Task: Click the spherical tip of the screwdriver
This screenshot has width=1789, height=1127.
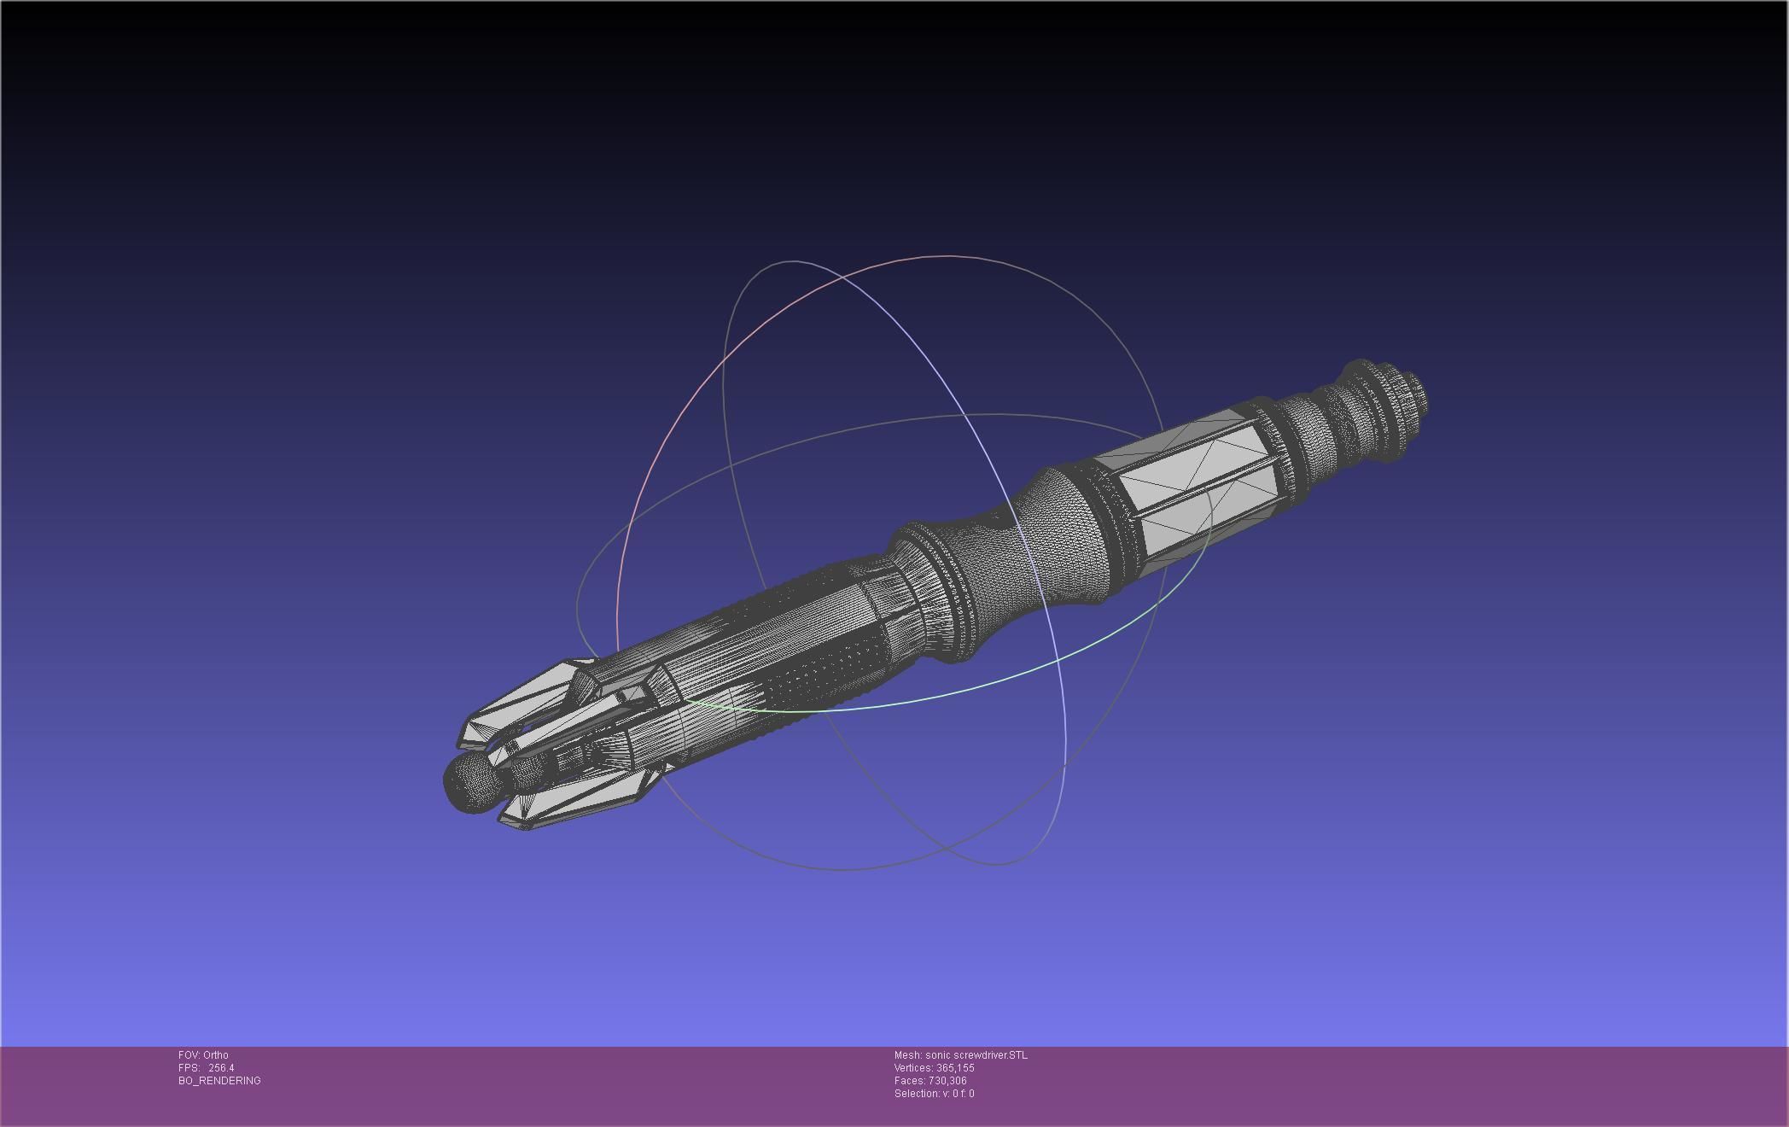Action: pyautogui.click(x=470, y=781)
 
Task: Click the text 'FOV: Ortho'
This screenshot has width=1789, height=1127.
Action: pyautogui.click(x=203, y=1055)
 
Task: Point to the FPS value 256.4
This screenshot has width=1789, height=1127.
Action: pyautogui.click(x=221, y=1068)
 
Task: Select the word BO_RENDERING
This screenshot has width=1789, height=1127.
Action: pyautogui.click(x=219, y=1081)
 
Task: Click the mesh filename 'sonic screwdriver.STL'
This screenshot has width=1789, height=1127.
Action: pyautogui.click(x=976, y=1055)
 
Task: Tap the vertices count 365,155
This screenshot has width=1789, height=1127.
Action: pyautogui.click(x=955, y=1068)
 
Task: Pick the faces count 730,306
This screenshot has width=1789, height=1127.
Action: pyautogui.click(x=947, y=1081)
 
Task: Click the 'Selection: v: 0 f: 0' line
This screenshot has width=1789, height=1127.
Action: pyautogui.click(x=934, y=1094)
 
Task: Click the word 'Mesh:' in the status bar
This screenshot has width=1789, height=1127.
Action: pyautogui.click(x=907, y=1055)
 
